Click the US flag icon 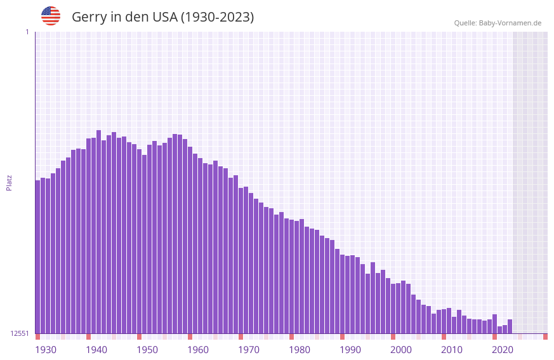click(x=51, y=16)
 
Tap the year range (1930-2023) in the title click(x=217, y=17)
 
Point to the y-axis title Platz click(x=9, y=182)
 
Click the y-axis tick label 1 click(x=27, y=32)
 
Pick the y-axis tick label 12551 click(x=20, y=333)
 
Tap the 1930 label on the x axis click(x=46, y=350)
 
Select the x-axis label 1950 click(x=147, y=350)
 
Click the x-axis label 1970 click(x=249, y=350)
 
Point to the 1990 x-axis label click(x=350, y=350)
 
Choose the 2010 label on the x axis click(x=452, y=350)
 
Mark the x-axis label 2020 click(x=503, y=350)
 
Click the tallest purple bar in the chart click(x=98, y=232)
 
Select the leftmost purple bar click(x=37, y=257)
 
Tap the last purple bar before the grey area click(x=510, y=326)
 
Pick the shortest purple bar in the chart click(x=499, y=330)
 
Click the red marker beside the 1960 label click(x=190, y=337)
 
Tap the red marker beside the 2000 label click(x=393, y=337)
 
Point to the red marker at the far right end click(x=545, y=337)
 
